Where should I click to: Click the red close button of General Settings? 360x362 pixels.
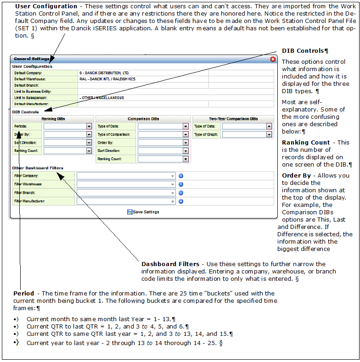click(273, 59)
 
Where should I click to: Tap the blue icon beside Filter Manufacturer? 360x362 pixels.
click(181, 201)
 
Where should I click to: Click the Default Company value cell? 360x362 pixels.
click(142, 73)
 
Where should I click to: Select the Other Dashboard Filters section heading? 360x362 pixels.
click(38, 168)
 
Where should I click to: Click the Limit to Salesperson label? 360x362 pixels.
click(31, 98)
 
